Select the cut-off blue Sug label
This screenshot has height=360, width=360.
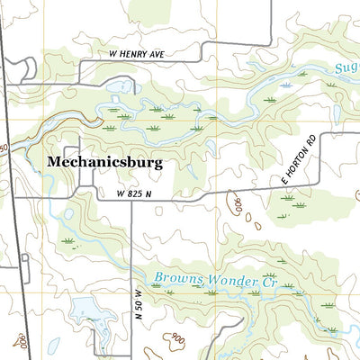346,67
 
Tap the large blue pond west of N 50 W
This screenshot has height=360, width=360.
87,312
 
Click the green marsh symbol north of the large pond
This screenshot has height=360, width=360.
67,241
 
